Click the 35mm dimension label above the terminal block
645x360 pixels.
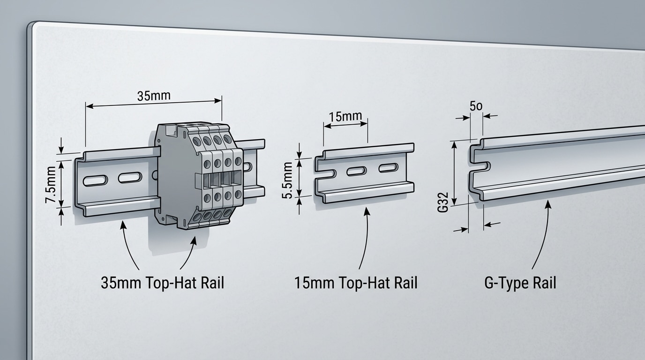(153, 96)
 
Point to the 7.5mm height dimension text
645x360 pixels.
(51, 186)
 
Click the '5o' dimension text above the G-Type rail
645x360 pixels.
(476, 106)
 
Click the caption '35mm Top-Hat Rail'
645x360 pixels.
(162, 283)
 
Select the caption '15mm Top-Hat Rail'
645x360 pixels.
(356, 283)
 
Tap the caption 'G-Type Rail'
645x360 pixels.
(520, 283)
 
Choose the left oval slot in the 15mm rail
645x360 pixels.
(357, 172)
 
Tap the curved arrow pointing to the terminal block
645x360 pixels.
(187, 253)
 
